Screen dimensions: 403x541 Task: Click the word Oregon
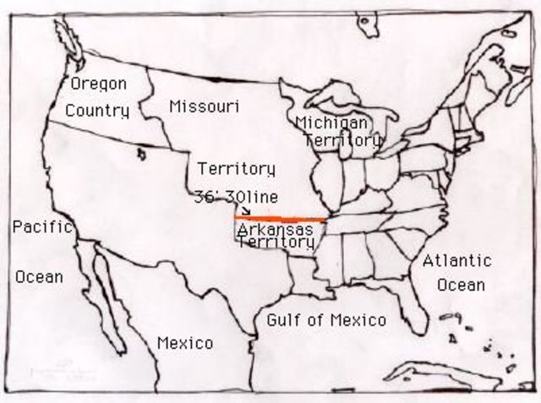tap(98, 84)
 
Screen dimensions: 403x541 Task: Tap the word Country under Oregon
tap(97, 111)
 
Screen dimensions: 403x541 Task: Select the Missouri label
tap(204, 106)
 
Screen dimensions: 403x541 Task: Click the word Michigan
tap(331, 123)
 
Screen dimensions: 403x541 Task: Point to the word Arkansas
tap(276, 229)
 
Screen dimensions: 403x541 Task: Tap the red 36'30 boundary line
tap(279, 219)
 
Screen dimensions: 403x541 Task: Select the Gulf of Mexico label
tap(326, 319)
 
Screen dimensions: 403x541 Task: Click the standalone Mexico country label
tap(185, 343)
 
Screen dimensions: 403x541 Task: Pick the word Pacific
tap(41, 226)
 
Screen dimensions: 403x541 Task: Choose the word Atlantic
tap(456, 260)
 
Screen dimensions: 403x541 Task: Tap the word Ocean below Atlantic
tap(461, 285)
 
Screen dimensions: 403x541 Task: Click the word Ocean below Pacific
tap(39, 276)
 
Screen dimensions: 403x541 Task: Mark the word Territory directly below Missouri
tap(236, 168)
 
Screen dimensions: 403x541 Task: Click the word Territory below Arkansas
tap(276, 242)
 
